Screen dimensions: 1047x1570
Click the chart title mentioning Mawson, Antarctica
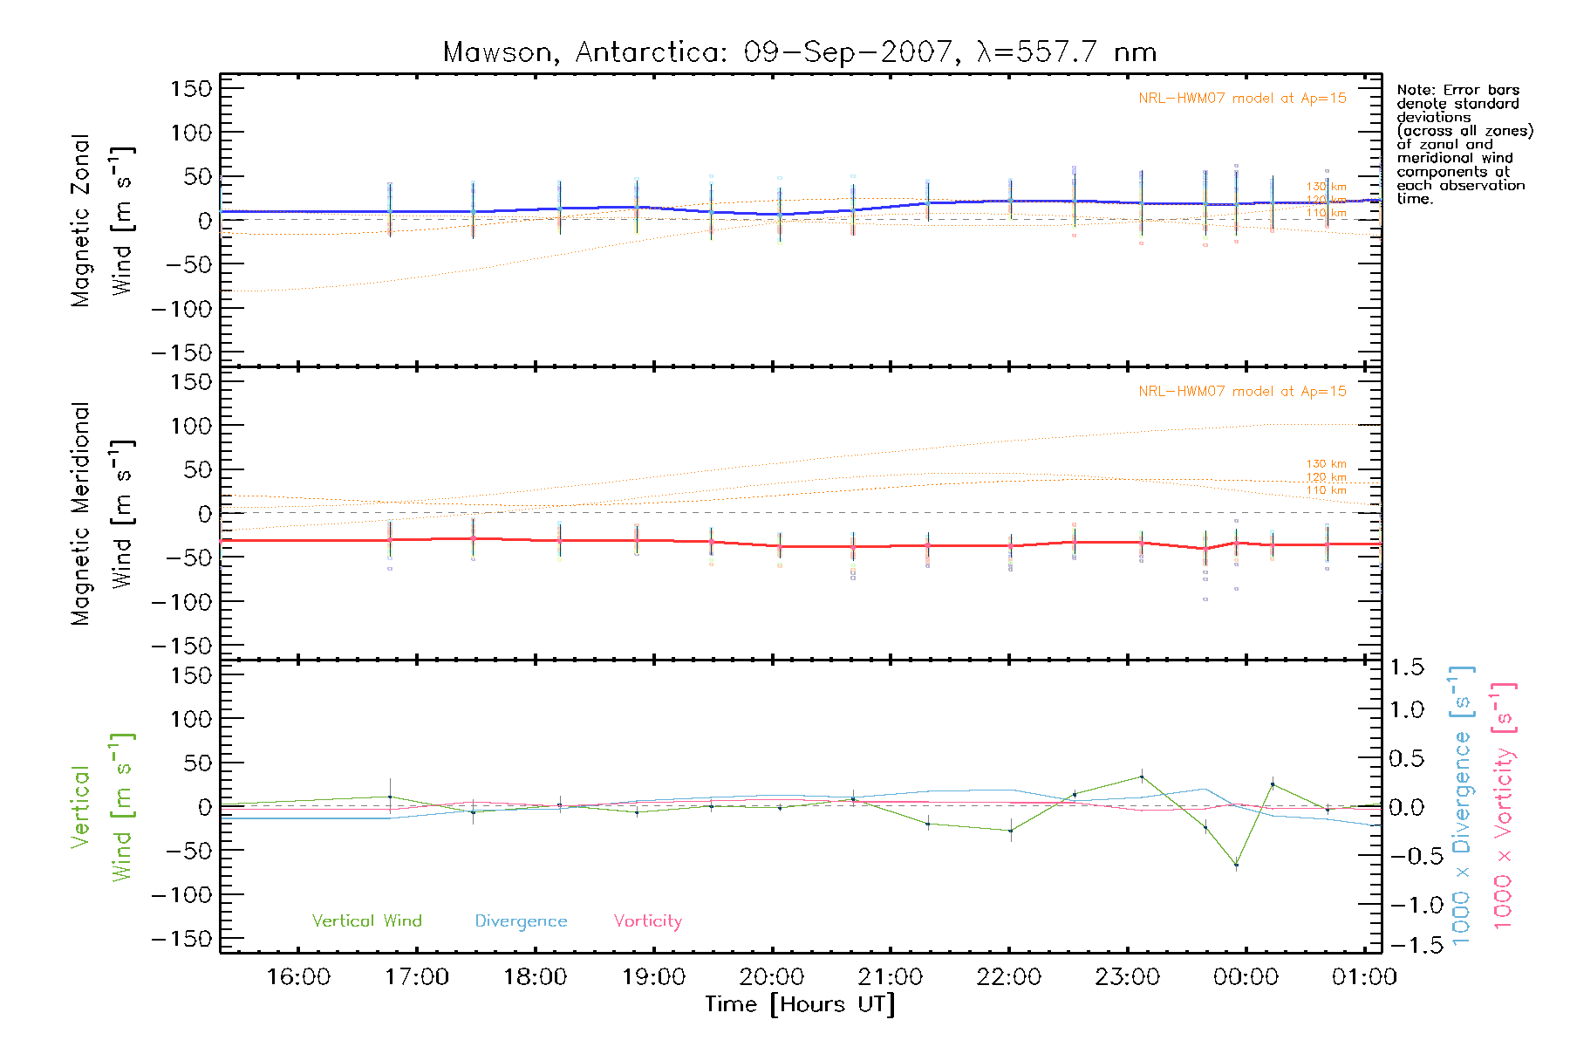pyautogui.click(x=800, y=52)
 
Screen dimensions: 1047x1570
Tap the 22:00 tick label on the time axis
pyautogui.click(x=1009, y=977)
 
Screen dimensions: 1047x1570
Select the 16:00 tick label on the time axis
pyautogui.click(x=298, y=977)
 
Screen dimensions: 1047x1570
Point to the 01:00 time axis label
pyautogui.click(x=1364, y=977)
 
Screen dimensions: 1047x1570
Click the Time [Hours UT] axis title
pyautogui.click(x=800, y=1004)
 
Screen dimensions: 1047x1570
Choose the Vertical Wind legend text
pyautogui.click(x=366, y=921)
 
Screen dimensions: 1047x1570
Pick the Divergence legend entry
pyautogui.click(x=521, y=921)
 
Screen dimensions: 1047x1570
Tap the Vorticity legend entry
pyautogui.click(x=647, y=921)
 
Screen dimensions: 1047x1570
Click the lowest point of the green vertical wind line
pyautogui.click(x=1236, y=865)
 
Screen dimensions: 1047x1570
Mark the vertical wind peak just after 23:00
pyautogui.click(x=1142, y=777)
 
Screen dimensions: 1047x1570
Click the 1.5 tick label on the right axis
pyautogui.click(x=1407, y=667)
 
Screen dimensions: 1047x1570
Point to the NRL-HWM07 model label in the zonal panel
pyautogui.click(x=1242, y=99)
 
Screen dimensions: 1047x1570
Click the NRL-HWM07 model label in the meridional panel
pyautogui.click(x=1242, y=392)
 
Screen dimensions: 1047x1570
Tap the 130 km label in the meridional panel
pyautogui.click(x=1326, y=464)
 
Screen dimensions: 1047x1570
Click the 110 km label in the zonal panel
pyautogui.click(x=1326, y=213)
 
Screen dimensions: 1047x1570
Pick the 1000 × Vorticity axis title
pyautogui.click(x=1503, y=804)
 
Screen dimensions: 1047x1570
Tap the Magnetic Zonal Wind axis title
pyautogui.click(x=100, y=221)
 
